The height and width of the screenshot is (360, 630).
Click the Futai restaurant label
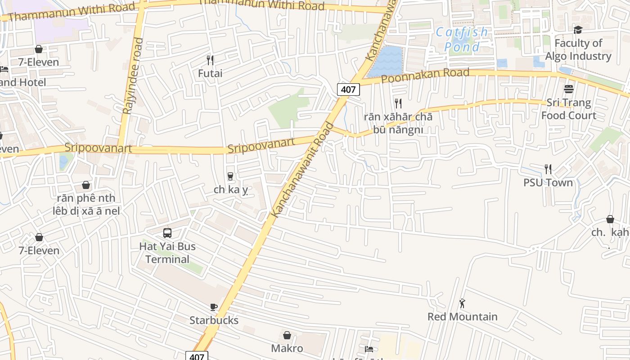click(210, 73)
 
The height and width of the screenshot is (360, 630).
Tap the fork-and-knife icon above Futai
click(210, 60)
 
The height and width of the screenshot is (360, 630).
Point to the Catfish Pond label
click(462, 40)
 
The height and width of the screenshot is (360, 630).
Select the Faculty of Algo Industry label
click(578, 49)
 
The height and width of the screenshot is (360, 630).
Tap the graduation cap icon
click(578, 30)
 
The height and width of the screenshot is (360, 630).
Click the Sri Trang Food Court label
click(569, 109)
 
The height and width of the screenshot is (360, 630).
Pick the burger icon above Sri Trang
click(569, 89)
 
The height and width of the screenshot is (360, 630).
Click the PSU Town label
click(548, 182)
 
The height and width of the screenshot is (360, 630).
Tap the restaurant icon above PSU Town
click(548, 169)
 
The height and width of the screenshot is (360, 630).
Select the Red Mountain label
click(462, 316)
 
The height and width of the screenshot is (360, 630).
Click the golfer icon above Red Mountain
click(462, 303)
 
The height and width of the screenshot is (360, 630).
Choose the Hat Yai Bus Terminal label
click(167, 253)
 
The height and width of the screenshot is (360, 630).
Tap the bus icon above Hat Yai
click(167, 233)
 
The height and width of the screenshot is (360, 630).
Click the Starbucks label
click(214, 320)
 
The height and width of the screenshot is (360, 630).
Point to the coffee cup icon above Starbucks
click(214, 307)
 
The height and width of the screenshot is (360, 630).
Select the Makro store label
click(287, 348)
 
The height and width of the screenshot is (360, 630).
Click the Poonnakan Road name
click(425, 75)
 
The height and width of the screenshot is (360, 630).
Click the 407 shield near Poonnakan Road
click(348, 90)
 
